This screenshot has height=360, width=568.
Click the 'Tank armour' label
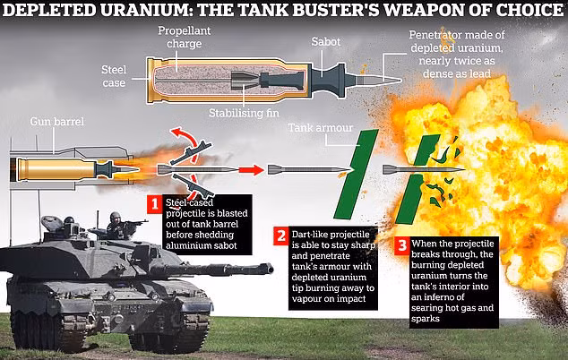click(318, 128)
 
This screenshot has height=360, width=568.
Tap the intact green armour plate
click(352, 174)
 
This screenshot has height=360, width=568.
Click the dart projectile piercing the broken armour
click(421, 168)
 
